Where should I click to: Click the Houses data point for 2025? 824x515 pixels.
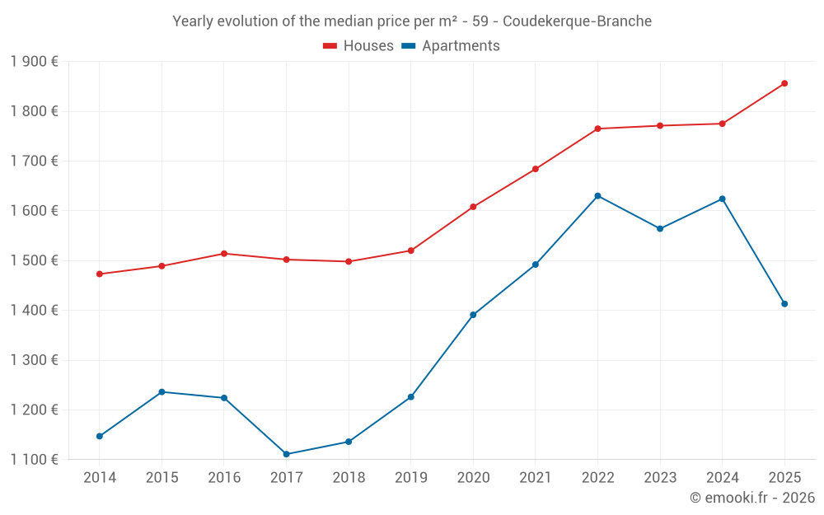click(x=784, y=83)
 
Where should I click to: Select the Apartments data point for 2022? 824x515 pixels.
click(x=597, y=196)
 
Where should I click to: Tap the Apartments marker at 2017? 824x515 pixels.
click(x=286, y=454)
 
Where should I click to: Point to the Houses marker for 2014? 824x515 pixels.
click(x=100, y=274)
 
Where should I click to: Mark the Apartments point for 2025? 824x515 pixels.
click(x=784, y=304)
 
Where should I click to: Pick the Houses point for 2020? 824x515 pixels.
click(x=473, y=207)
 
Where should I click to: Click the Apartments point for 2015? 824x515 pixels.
click(x=162, y=392)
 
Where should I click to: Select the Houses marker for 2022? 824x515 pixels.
click(x=597, y=129)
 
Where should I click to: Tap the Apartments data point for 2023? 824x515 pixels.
click(x=660, y=228)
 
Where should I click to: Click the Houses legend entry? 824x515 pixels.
click(x=358, y=46)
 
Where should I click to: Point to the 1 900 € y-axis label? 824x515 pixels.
click(x=35, y=62)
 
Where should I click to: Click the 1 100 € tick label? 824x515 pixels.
click(x=35, y=460)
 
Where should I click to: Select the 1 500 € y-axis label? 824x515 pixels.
click(x=35, y=260)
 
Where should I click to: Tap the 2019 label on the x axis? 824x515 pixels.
click(x=410, y=478)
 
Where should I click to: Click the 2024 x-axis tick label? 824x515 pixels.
click(x=722, y=478)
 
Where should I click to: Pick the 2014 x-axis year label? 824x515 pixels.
click(x=100, y=478)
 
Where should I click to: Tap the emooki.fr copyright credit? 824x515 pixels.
click(x=752, y=498)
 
